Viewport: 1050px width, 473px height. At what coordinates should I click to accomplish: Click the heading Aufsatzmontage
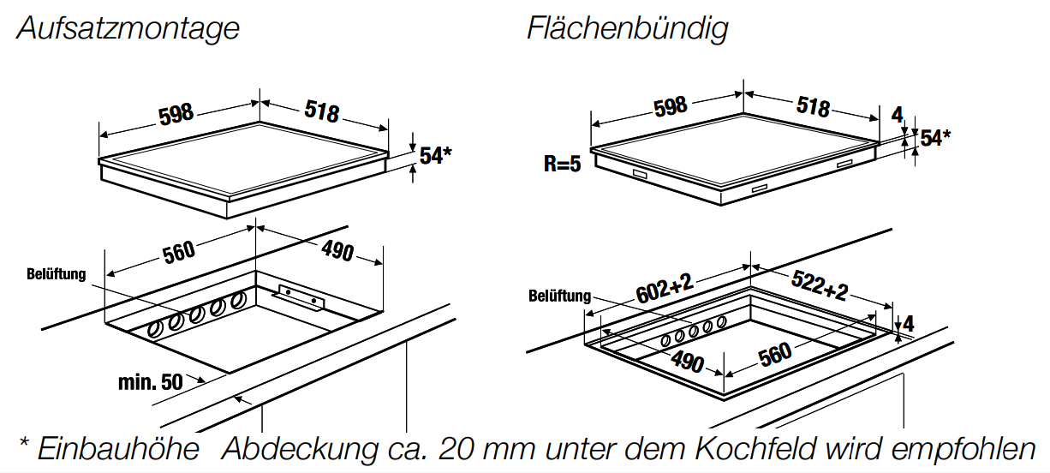128,29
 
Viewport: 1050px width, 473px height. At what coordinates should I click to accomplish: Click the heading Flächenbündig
628,29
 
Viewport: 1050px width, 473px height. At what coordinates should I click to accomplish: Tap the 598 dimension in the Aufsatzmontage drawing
176,114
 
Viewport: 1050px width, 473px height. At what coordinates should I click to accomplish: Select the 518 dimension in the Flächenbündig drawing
813,107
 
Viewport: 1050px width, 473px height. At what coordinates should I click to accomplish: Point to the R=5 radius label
562,164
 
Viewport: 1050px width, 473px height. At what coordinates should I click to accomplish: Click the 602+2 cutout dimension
665,289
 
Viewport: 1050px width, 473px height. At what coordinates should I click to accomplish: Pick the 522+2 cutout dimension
820,285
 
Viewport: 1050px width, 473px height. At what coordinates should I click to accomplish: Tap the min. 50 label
150,382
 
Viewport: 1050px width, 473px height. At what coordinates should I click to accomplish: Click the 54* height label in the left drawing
435,156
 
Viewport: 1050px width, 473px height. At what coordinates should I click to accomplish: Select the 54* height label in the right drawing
935,138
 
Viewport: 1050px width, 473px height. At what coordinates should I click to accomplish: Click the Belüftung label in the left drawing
57,274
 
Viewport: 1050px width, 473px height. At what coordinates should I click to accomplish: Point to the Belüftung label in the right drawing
559,296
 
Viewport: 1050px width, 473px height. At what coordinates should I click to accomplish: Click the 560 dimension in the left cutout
179,252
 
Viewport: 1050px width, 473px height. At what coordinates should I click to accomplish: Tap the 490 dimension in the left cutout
337,251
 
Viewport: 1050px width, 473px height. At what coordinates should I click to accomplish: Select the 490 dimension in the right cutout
687,362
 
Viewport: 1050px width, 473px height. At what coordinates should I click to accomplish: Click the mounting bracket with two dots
300,296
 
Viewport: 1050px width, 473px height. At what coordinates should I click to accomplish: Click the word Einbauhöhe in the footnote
118,449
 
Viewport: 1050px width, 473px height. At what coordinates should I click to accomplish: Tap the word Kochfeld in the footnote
755,449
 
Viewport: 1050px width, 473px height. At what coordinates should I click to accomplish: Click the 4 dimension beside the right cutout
908,324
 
